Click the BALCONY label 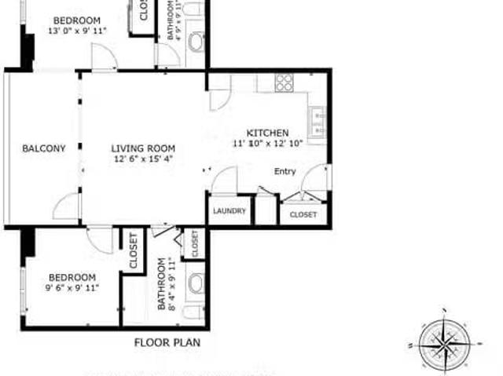tap(43, 148)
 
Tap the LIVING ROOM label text tap(142, 148)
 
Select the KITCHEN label tap(268, 133)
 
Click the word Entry tap(285, 171)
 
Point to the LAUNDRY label tap(229, 211)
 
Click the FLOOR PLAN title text tap(167, 342)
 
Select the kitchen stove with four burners tap(284, 82)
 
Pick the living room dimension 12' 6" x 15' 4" tap(142, 159)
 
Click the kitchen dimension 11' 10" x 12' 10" tap(268, 144)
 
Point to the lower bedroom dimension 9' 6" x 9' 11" tap(72, 288)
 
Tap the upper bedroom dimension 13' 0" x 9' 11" tap(77, 31)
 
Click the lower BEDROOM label tap(72, 277)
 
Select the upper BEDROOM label tap(77, 20)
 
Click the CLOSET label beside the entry tap(303, 214)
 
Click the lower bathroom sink tap(195, 283)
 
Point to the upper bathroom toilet tap(196, 42)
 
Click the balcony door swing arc tap(67, 206)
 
